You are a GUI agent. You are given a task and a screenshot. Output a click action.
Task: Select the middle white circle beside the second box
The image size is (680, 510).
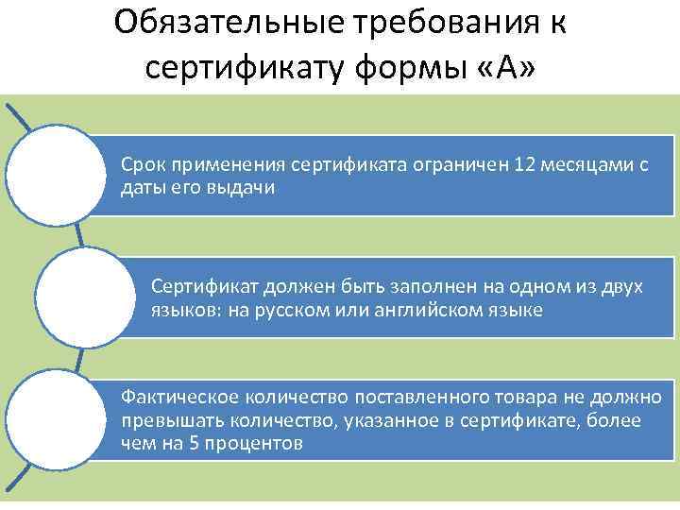click(80, 297)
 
